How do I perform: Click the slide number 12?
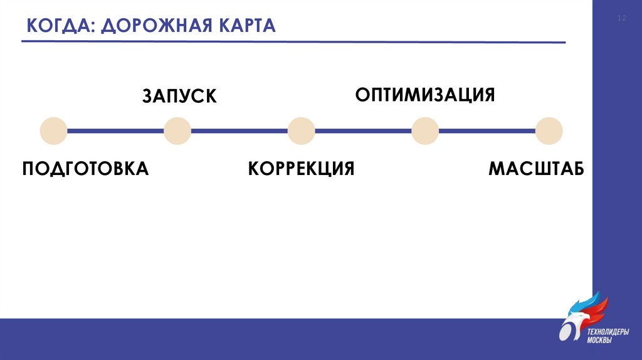pos(622,19)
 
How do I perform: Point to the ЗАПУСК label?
pos(179,96)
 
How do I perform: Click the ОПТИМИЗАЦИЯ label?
pos(425,95)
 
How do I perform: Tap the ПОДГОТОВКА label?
pos(85,169)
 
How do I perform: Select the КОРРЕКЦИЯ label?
pos(301,169)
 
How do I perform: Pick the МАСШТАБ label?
pos(536,169)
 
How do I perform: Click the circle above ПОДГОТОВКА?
pos(53,131)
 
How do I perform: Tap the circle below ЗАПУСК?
pos(177,131)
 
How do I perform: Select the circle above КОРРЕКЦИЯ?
pos(302,131)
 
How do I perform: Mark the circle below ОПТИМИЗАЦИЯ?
pos(426,131)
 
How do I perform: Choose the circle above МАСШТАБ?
pos(549,131)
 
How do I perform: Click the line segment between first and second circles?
pos(115,131)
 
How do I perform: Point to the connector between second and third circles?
pos(239,131)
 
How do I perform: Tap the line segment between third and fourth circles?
pos(364,131)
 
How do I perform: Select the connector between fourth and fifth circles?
pos(488,131)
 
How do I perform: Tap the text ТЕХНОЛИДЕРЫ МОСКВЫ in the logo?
pos(607,336)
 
